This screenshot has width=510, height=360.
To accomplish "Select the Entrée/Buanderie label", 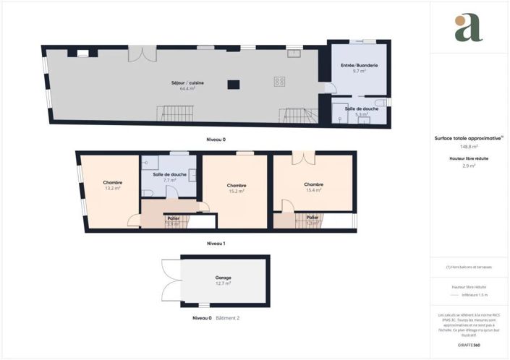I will pos(359,66).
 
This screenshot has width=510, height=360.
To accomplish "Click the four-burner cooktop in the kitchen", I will pos(279,82).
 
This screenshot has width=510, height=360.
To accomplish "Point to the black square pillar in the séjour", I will pos(233,85).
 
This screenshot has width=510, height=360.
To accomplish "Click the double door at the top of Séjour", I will pos(142,53).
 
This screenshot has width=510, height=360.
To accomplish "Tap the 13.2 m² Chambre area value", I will pos(112,189).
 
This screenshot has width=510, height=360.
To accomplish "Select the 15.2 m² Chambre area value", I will pos(236,191).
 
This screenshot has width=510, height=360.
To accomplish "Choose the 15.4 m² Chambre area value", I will pos(313,190).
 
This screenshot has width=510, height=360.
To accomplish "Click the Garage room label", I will pos(223,278).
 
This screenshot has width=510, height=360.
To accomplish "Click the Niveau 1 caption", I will pos(216,244).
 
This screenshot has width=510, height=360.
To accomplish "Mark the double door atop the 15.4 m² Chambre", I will pos(305,157).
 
